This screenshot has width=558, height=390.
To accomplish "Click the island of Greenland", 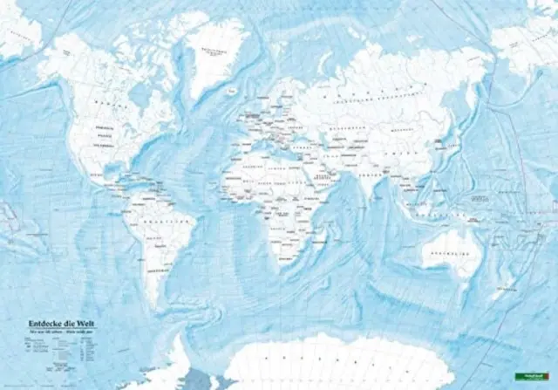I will [x=214, y=57].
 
